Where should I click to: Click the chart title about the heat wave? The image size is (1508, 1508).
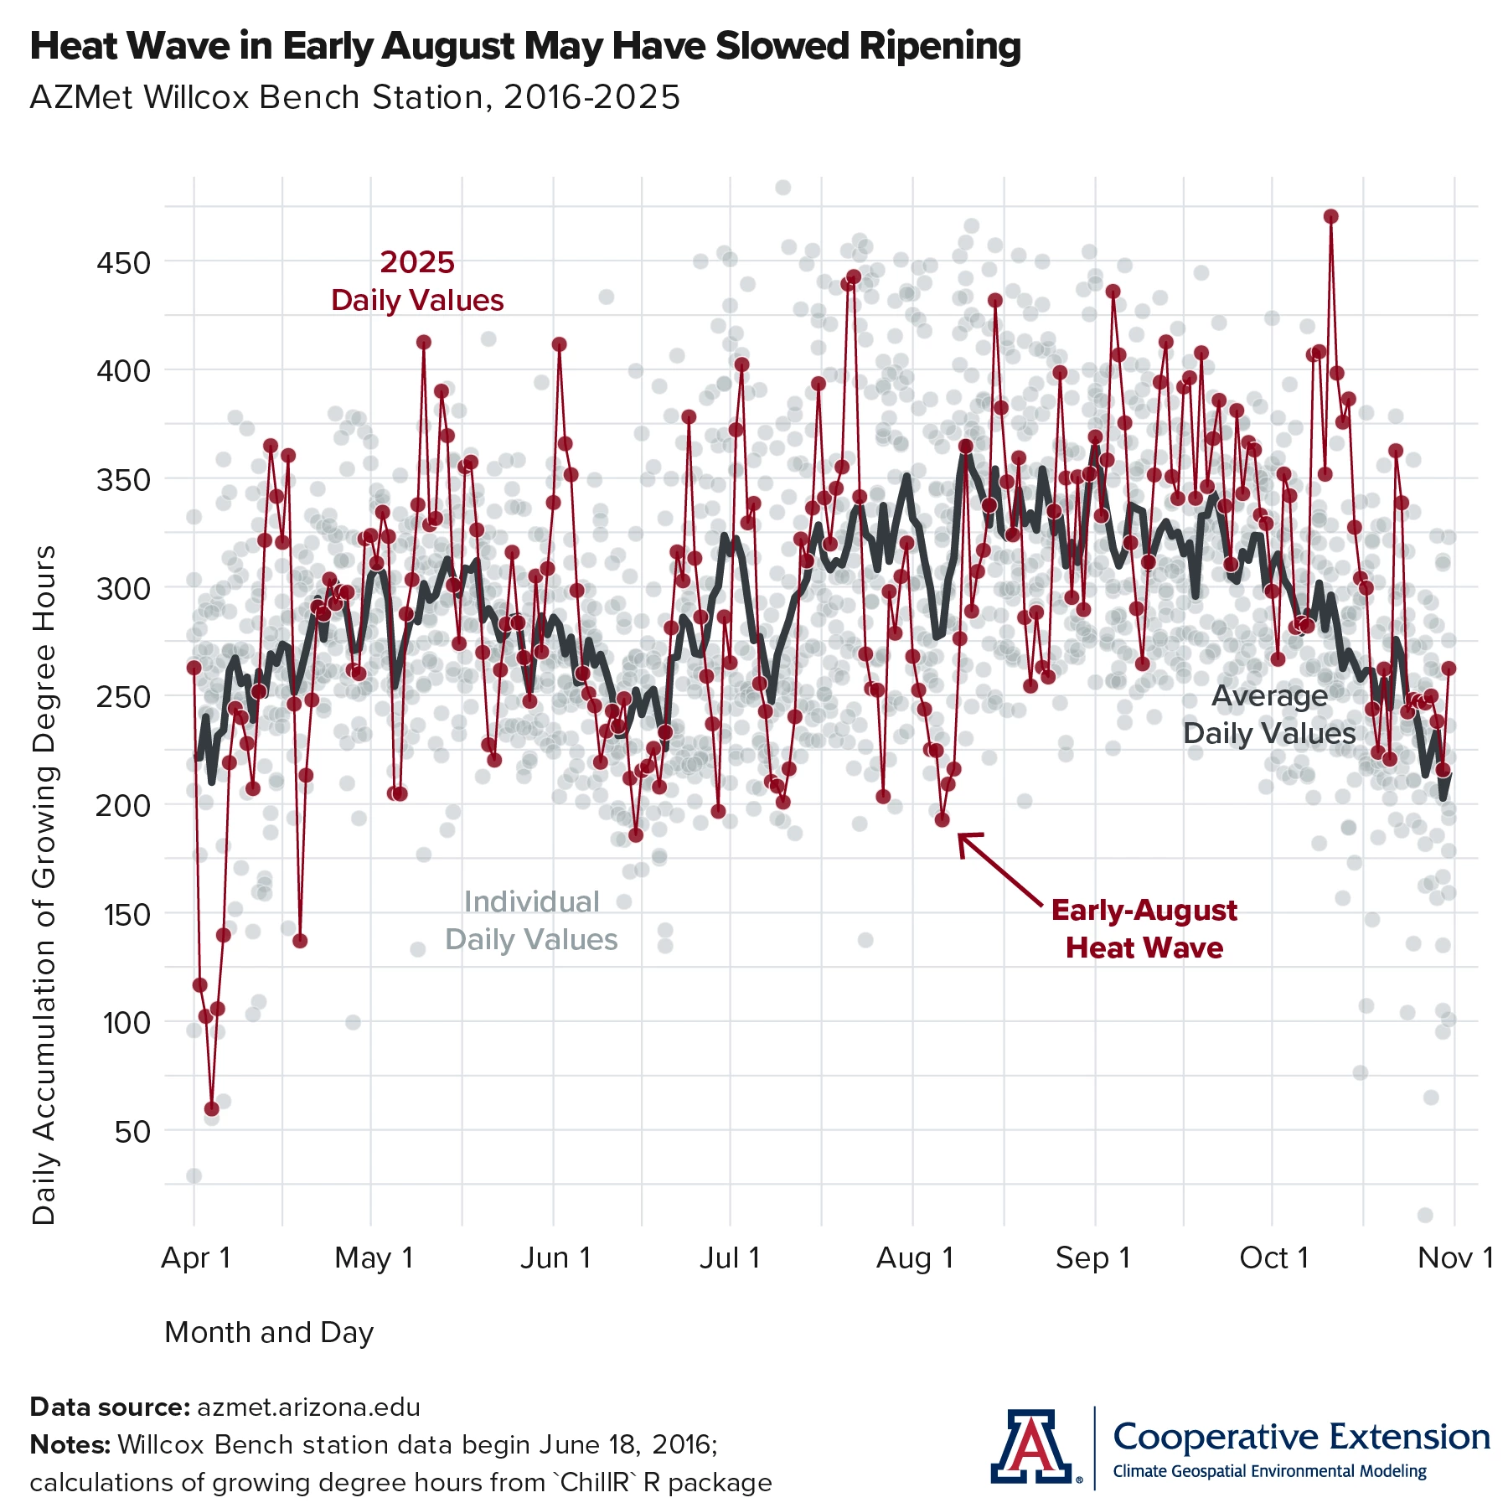pos(525,46)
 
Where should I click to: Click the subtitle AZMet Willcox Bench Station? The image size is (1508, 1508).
pos(354,98)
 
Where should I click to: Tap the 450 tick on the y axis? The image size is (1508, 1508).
pos(124,263)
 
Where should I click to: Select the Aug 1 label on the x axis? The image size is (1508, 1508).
pos(915,1258)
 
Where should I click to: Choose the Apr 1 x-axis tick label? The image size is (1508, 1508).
pos(195,1258)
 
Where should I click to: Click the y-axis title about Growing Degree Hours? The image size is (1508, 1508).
pos(44,884)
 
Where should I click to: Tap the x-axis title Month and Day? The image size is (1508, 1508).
pos(269,1332)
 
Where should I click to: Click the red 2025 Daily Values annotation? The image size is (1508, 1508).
pos(417,281)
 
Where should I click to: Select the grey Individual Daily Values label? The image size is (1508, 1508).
pos(531,920)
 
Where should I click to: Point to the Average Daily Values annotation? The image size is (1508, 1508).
pos(1268,715)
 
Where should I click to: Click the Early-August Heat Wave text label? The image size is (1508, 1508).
pos(1144,928)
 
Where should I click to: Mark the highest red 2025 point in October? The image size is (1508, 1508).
pos(1330,216)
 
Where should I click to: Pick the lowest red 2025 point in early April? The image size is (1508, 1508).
pos(211,1108)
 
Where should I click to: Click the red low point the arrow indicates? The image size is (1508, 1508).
pos(942,819)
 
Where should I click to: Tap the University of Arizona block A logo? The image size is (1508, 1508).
pos(1031,1445)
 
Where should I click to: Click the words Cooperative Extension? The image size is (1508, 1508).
pos(1301,1436)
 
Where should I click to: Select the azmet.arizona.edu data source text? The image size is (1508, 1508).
pos(308,1407)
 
